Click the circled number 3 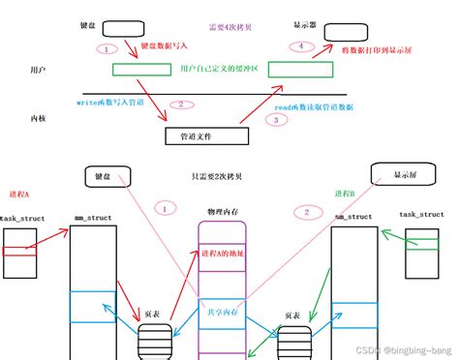tap(277, 120)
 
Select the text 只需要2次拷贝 tap(218, 179)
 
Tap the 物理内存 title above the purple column tap(223, 211)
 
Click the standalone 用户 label tap(39, 73)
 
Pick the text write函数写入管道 tap(109, 100)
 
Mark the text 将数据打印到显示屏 tap(378, 48)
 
